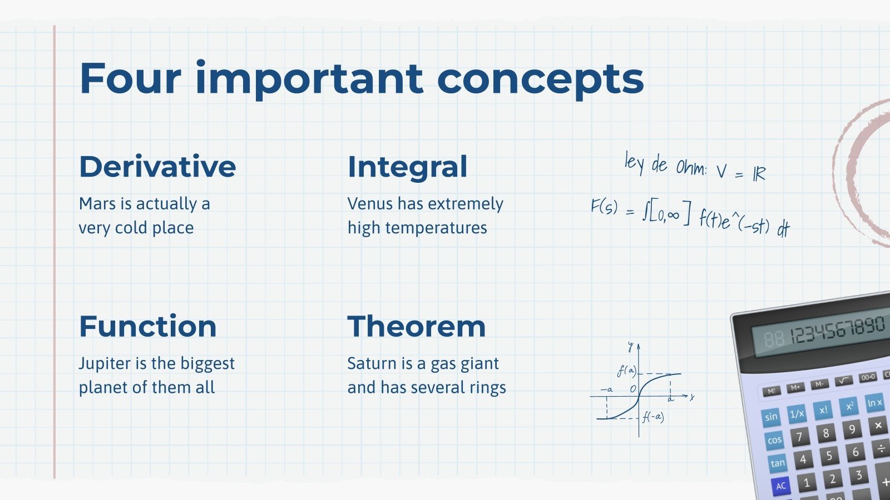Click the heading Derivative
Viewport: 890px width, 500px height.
point(157,167)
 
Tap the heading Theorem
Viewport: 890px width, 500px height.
point(416,327)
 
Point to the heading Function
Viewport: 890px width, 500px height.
point(147,327)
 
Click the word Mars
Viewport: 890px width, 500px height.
point(97,204)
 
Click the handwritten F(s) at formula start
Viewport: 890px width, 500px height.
point(604,207)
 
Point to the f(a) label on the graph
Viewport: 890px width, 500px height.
point(626,371)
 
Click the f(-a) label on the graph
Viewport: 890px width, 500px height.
point(653,417)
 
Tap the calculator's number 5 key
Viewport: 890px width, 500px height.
point(829,456)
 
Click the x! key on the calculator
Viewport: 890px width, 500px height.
point(823,410)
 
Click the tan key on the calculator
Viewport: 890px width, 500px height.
point(777,463)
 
